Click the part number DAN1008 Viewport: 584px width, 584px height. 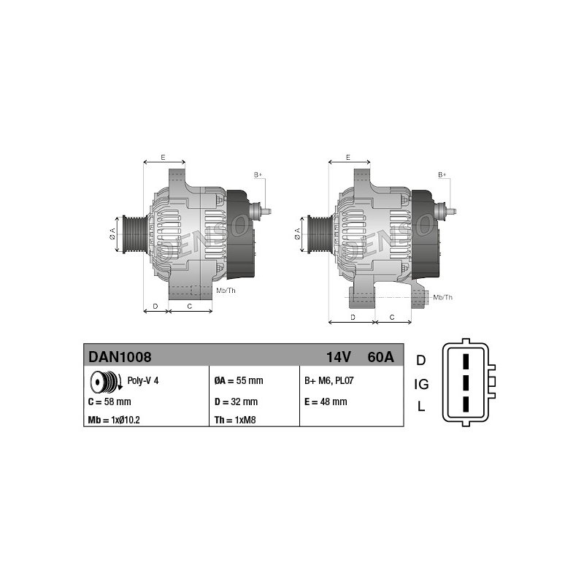(x=120, y=357)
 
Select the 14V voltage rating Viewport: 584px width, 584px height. (x=338, y=357)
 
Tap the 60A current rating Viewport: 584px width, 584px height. (x=380, y=357)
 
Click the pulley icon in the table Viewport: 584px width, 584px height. (x=106, y=382)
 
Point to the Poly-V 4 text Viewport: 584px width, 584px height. (x=143, y=380)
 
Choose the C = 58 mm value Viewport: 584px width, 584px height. (x=109, y=401)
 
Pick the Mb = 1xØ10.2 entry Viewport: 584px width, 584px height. (x=114, y=420)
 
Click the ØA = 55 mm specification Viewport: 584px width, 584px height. (x=239, y=380)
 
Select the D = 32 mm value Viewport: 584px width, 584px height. (x=236, y=401)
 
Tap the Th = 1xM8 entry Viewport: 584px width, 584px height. (x=235, y=420)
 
